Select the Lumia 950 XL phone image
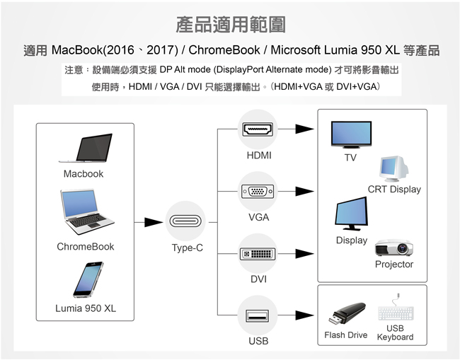(88, 280)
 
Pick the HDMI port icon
(258, 129)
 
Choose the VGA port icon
(258, 191)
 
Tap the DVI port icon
(258, 252)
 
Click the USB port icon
(258, 315)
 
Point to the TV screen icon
(350, 134)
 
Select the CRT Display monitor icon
(393, 168)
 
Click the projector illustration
(393, 248)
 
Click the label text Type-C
(188, 248)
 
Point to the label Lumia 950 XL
(86, 308)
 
